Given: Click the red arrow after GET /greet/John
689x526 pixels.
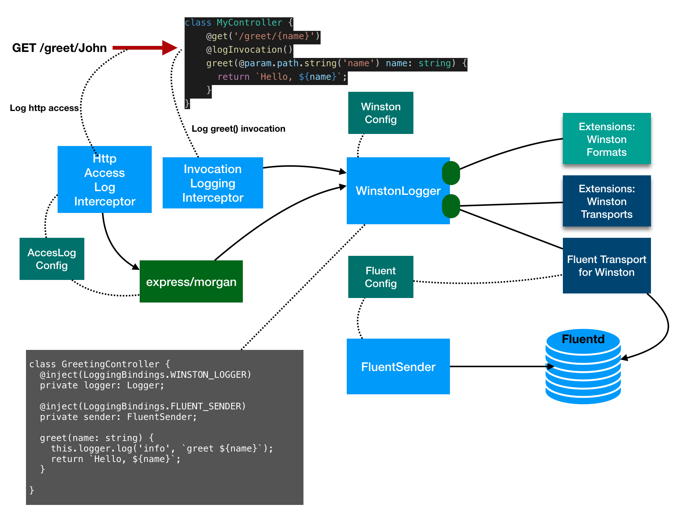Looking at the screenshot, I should tap(145, 48).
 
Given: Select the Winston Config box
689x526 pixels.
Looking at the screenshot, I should tap(381, 113).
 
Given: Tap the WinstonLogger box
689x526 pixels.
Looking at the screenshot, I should tap(395, 191).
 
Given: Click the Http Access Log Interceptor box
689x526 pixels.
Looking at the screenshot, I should tap(105, 180).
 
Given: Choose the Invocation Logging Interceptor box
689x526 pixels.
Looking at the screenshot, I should tap(213, 183).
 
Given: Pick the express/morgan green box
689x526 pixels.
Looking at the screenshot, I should tap(191, 282).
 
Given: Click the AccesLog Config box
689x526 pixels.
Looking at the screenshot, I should tap(52, 259).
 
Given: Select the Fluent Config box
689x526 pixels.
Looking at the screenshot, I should tap(381, 277).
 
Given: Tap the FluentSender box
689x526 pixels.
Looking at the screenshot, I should tap(398, 366).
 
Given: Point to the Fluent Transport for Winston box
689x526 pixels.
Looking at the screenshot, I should tap(607, 266).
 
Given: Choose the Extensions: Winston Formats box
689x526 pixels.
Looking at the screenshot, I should tap(607, 139).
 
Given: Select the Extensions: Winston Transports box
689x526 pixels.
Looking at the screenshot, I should tap(607, 201).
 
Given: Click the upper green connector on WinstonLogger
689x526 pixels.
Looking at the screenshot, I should tap(451, 173).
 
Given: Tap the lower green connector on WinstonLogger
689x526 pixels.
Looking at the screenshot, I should tap(451, 206).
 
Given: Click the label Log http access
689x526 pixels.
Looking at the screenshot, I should tap(44, 108).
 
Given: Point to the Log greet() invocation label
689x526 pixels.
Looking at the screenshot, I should tap(238, 129).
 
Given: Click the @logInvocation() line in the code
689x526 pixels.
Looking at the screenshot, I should tap(249, 50).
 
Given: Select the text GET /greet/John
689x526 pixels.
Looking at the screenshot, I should tap(59, 48).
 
